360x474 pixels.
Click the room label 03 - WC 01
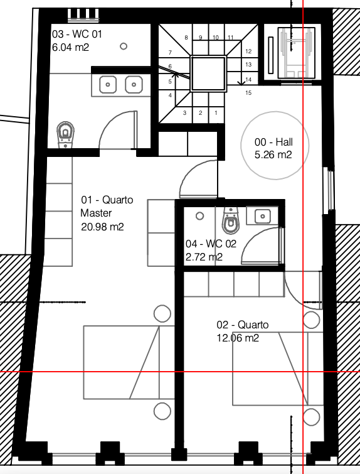(77, 34)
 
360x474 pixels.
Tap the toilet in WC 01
(65, 134)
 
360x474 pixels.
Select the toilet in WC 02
(231, 220)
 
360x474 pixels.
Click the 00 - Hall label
(273, 142)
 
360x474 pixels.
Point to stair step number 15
(248, 92)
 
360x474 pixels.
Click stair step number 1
(216, 113)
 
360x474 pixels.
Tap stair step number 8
(186, 38)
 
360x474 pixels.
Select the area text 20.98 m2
(102, 227)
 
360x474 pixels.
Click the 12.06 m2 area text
(238, 338)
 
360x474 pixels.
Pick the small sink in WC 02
(262, 216)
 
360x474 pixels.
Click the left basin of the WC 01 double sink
(108, 85)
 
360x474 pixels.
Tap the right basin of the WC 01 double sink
(134, 85)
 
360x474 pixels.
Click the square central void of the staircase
(208, 73)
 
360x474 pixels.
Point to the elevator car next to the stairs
(296, 53)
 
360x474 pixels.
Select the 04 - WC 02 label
(211, 244)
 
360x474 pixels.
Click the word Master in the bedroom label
(96, 213)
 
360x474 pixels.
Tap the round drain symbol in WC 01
(124, 46)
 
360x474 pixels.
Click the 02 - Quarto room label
(243, 325)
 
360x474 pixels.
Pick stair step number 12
(248, 51)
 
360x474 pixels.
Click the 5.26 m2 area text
(273, 155)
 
